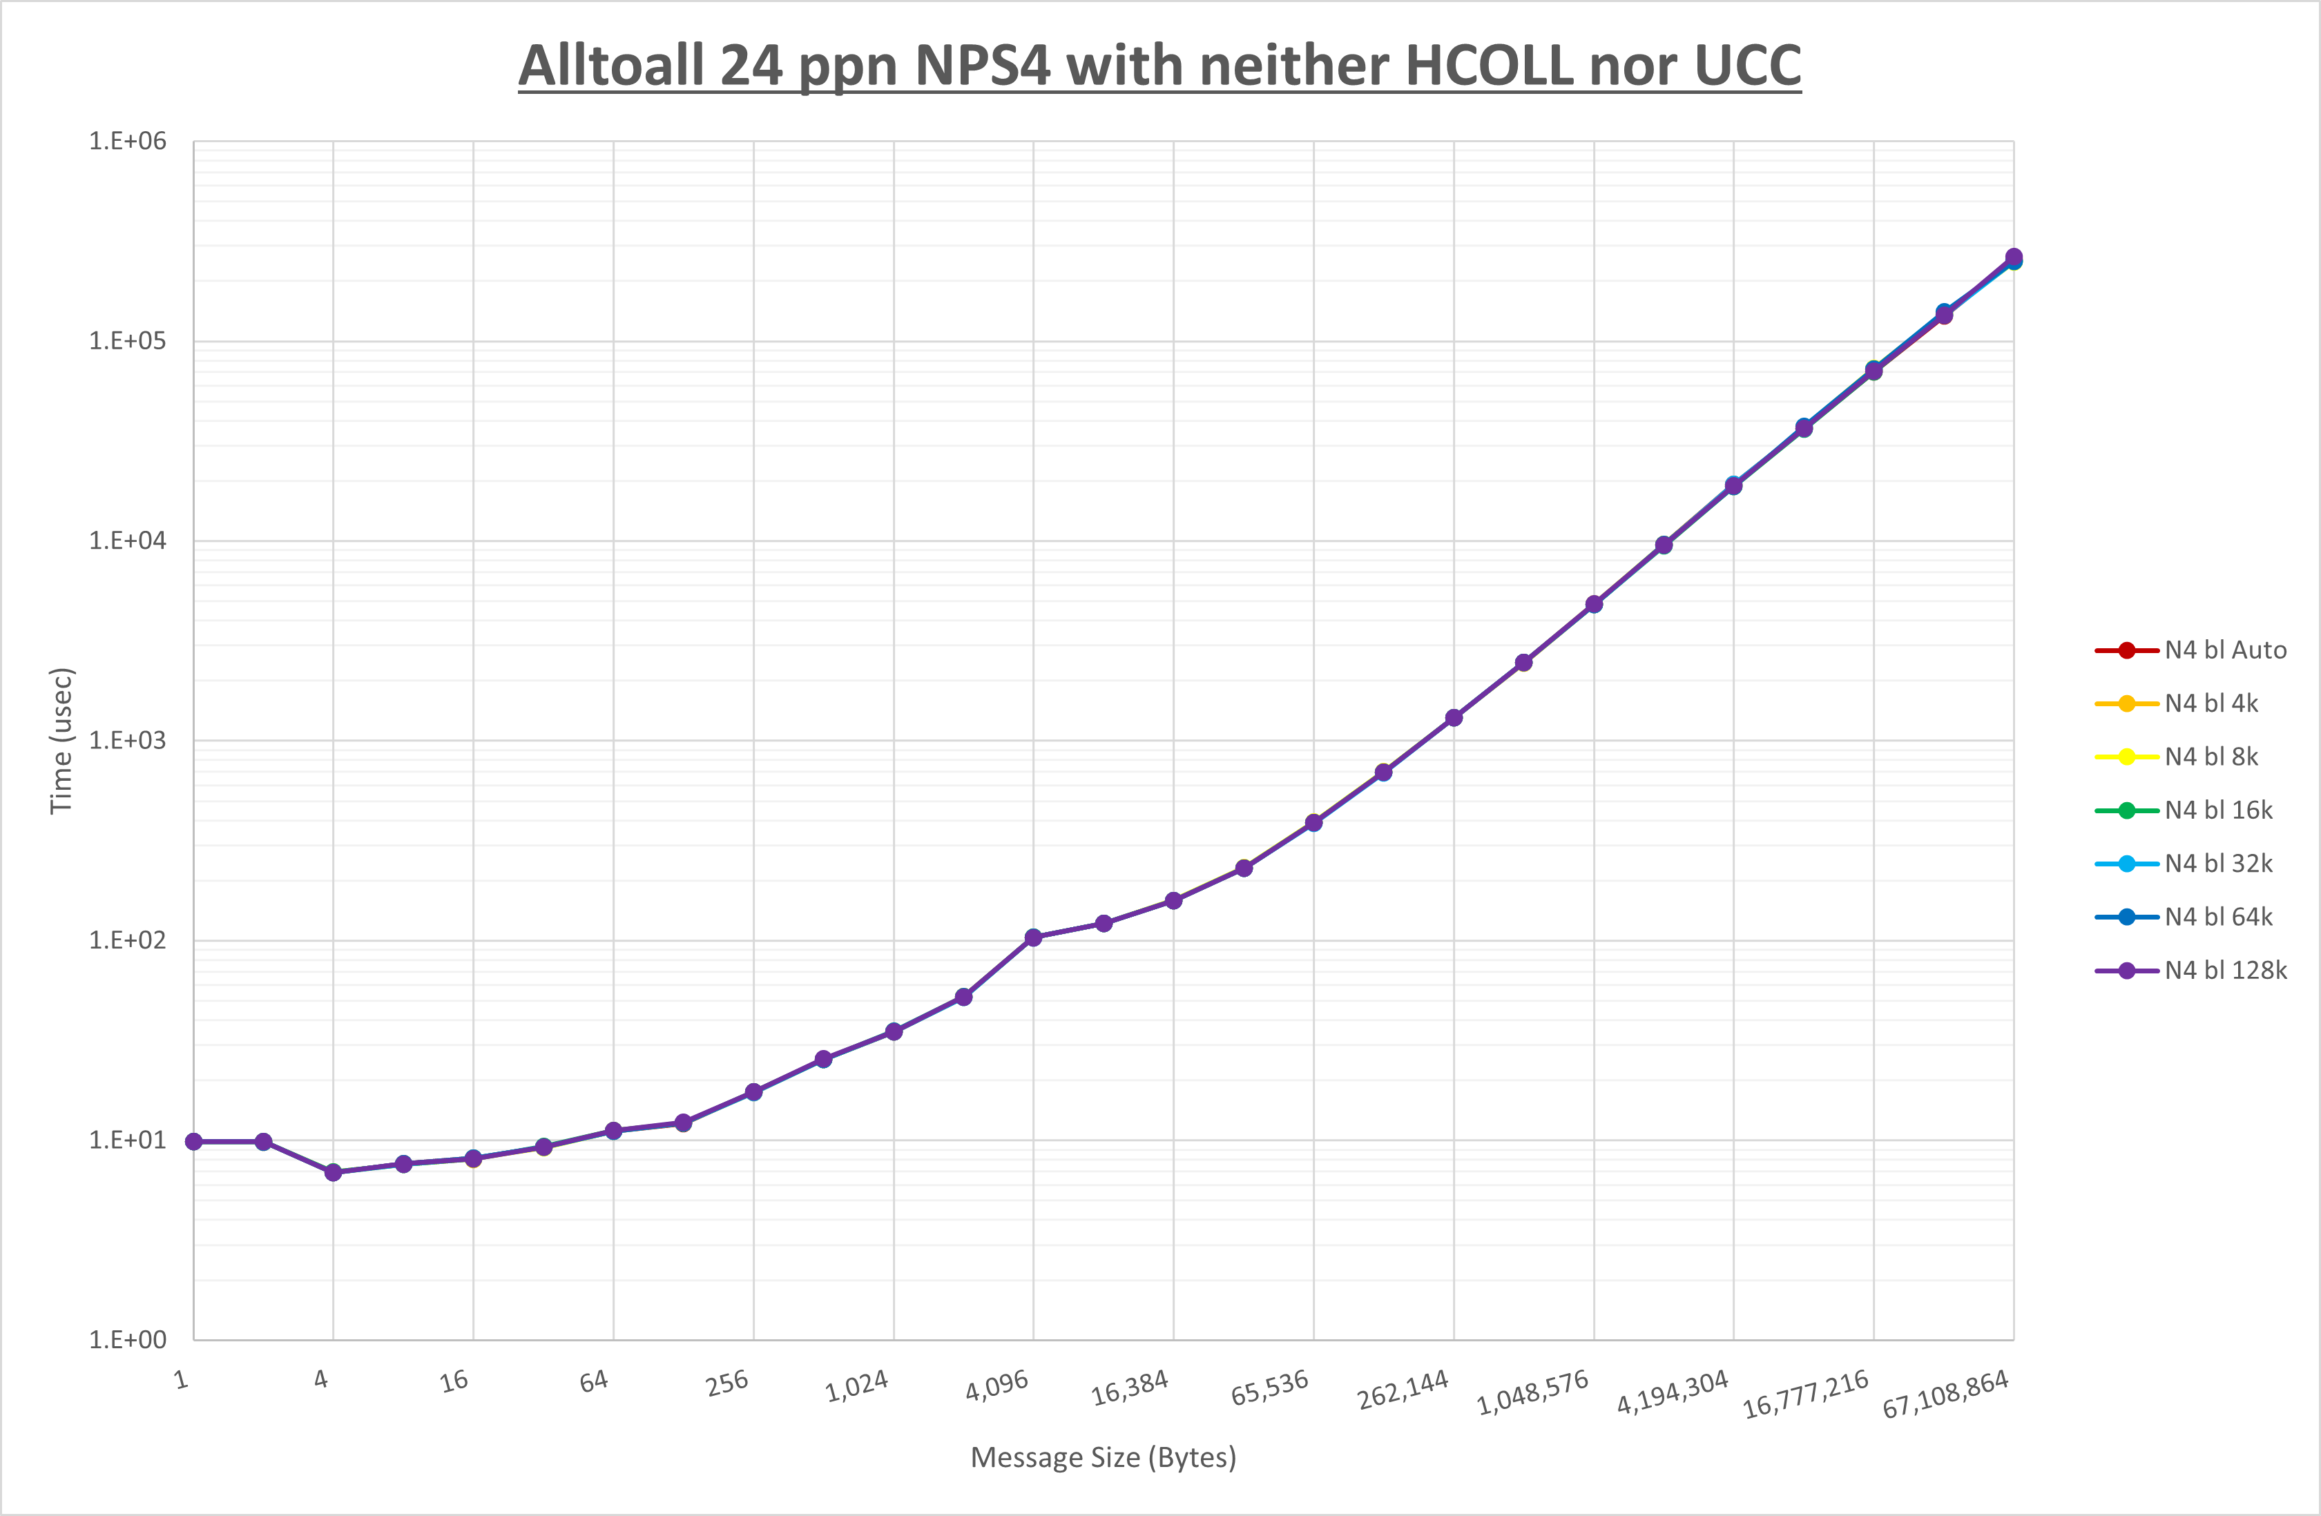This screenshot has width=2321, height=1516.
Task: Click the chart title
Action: coord(1159,66)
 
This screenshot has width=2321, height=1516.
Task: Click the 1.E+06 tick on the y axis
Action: coord(128,142)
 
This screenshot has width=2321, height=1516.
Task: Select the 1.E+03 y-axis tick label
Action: coord(128,740)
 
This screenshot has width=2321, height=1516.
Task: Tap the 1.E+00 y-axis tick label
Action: coord(128,1339)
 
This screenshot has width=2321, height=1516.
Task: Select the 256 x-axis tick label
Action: coord(727,1383)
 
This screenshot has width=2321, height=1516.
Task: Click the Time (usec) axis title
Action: coord(61,740)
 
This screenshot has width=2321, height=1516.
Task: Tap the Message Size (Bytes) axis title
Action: coord(1103,1457)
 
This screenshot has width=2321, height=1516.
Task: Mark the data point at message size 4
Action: coord(334,1172)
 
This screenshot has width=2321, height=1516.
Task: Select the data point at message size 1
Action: coord(194,1142)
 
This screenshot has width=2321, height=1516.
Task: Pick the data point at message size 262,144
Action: coord(1454,717)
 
